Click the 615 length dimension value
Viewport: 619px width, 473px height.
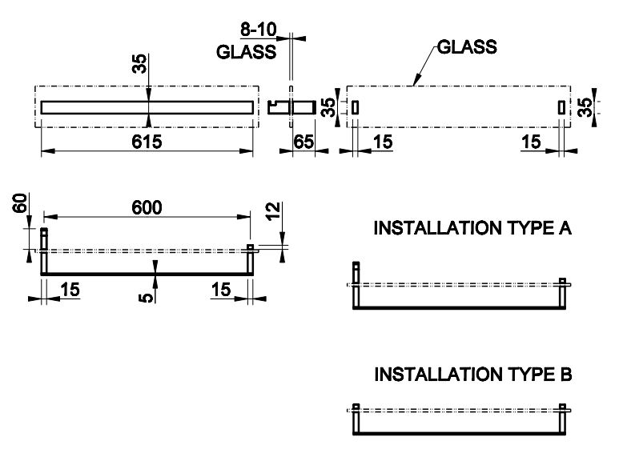pyautogui.click(x=147, y=142)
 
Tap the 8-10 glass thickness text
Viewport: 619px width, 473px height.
pyautogui.click(x=259, y=30)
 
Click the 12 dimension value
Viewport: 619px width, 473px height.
pyautogui.click(x=273, y=214)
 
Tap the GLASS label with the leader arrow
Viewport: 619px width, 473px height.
pyautogui.click(x=467, y=47)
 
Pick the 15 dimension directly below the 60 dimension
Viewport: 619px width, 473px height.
pyautogui.click(x=70, y=289)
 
